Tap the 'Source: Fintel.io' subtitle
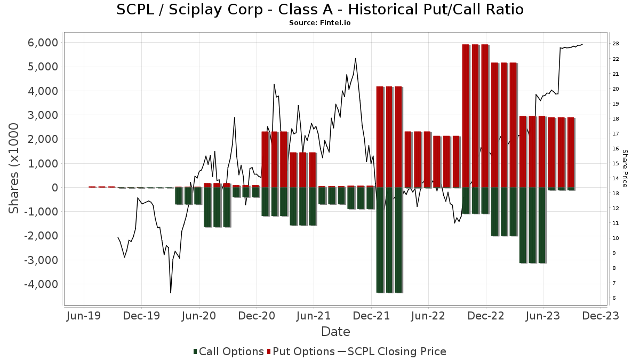320,23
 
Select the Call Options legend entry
228,351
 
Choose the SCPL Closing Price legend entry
391,351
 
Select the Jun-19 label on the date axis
84,316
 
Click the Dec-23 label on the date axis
601,316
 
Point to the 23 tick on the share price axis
615,44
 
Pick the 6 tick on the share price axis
615,298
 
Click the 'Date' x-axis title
335,332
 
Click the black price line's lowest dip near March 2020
171,292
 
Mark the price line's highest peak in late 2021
356,59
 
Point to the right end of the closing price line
582,44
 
